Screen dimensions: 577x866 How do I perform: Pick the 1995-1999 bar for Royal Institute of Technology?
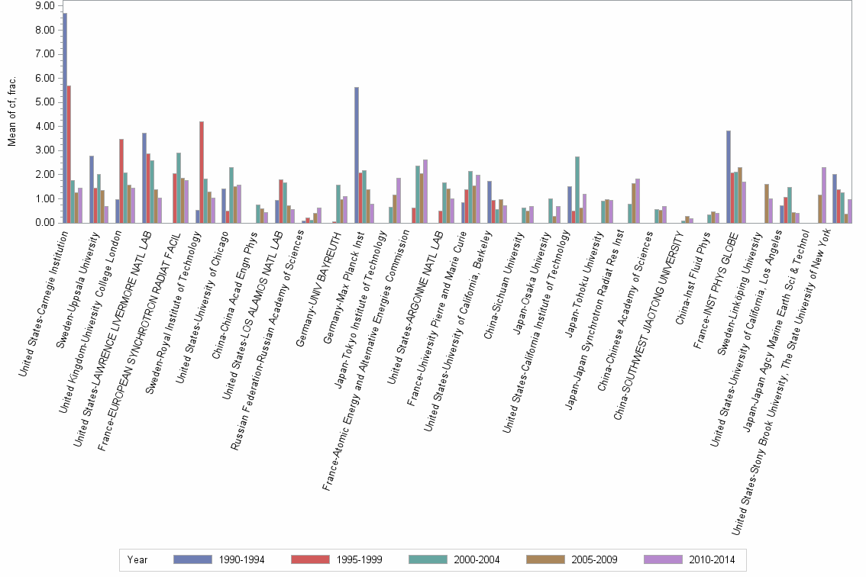[x=202, y=172]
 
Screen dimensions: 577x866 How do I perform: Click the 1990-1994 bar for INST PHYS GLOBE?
[x=729, y=176]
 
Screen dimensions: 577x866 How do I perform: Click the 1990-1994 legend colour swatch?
[x=192, y=559]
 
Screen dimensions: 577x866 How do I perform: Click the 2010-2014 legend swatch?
[x=663, y=559]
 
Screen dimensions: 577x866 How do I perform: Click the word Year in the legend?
[x=137, y=559]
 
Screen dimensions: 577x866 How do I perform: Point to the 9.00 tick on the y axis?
[x=45, y=5]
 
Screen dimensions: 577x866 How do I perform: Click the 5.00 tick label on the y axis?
[x=45, y=102]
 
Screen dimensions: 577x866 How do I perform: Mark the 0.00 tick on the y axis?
[x=45, y=223]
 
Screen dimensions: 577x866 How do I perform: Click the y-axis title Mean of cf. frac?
[x=11, y=114]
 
